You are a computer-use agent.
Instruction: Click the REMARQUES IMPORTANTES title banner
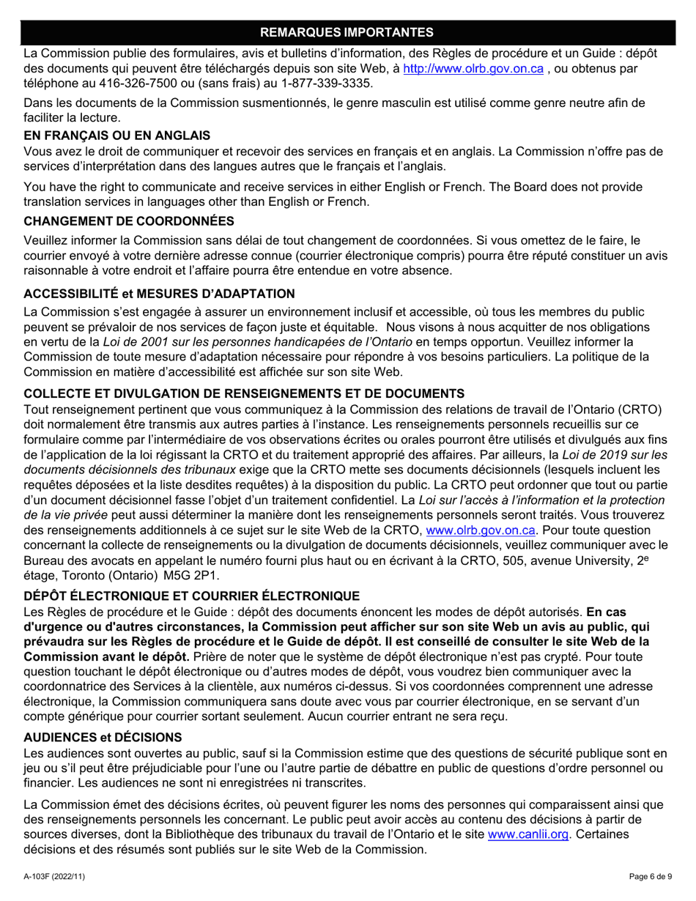[347, 31]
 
